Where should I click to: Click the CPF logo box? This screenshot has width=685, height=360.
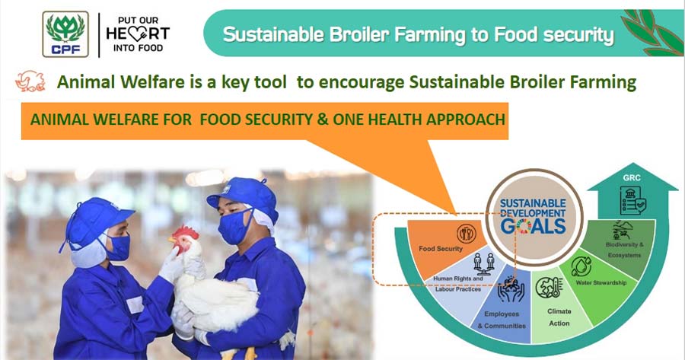tap(65, 34)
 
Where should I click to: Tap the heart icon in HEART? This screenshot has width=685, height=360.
tap(138, 33)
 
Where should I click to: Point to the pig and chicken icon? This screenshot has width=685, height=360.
tap(30, 81)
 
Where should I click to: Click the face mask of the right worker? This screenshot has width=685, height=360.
tap(234, 226)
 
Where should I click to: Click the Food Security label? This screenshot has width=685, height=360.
tap(441, 249)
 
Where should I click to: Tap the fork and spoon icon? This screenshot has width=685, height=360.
tap(467, 234)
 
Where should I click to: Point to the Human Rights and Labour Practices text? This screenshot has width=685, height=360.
tap(458, 284)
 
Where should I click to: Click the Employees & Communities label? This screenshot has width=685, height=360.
tap(502, 320)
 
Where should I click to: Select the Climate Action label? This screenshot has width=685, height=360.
tap(559, 317)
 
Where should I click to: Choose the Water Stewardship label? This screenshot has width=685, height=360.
tap(601, 282)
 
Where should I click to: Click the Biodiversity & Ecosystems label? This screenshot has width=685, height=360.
tap(624, 250)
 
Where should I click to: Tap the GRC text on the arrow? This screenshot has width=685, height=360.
tap(632, 178)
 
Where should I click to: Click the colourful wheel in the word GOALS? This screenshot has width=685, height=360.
tap(524, 226)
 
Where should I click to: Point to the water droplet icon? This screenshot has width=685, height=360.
tap(581, 266)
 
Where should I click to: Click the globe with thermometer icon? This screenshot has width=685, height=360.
tap(549, 288)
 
